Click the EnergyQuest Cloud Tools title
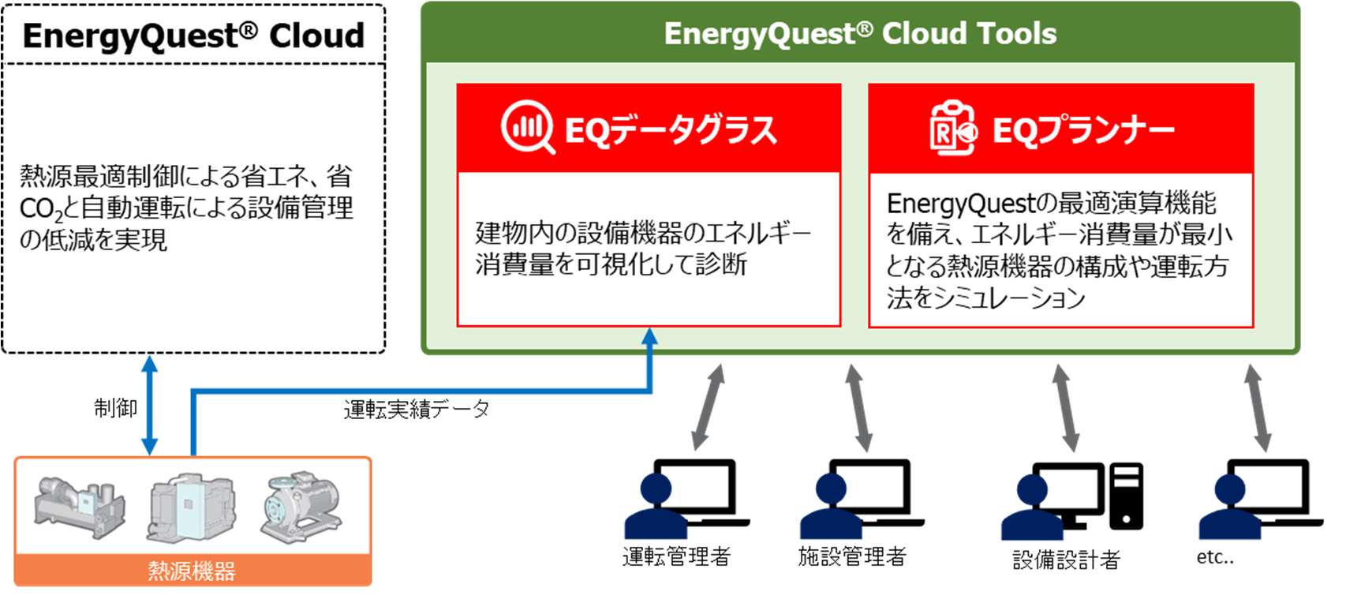coord(860,34)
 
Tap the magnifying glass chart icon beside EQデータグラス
coord(528,127)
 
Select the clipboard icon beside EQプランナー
coord(953,127)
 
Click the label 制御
coord(115,407)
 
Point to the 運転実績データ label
coord(417,409)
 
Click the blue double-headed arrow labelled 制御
coord(150,405)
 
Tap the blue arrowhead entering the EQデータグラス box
coord(649,336)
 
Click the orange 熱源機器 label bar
coord(193,570)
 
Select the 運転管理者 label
coord(677,557)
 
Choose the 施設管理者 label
coord(852,557)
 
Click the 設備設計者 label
coord(1066,560)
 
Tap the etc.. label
coord(1215,557)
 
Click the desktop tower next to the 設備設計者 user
coord(1126,496)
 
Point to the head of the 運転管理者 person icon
coord(656,489)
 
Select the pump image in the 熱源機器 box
coord(300,507)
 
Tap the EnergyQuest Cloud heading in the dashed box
coord(193,36)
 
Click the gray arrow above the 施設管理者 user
coord(858,408)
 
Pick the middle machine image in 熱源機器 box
coord(191,507)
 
